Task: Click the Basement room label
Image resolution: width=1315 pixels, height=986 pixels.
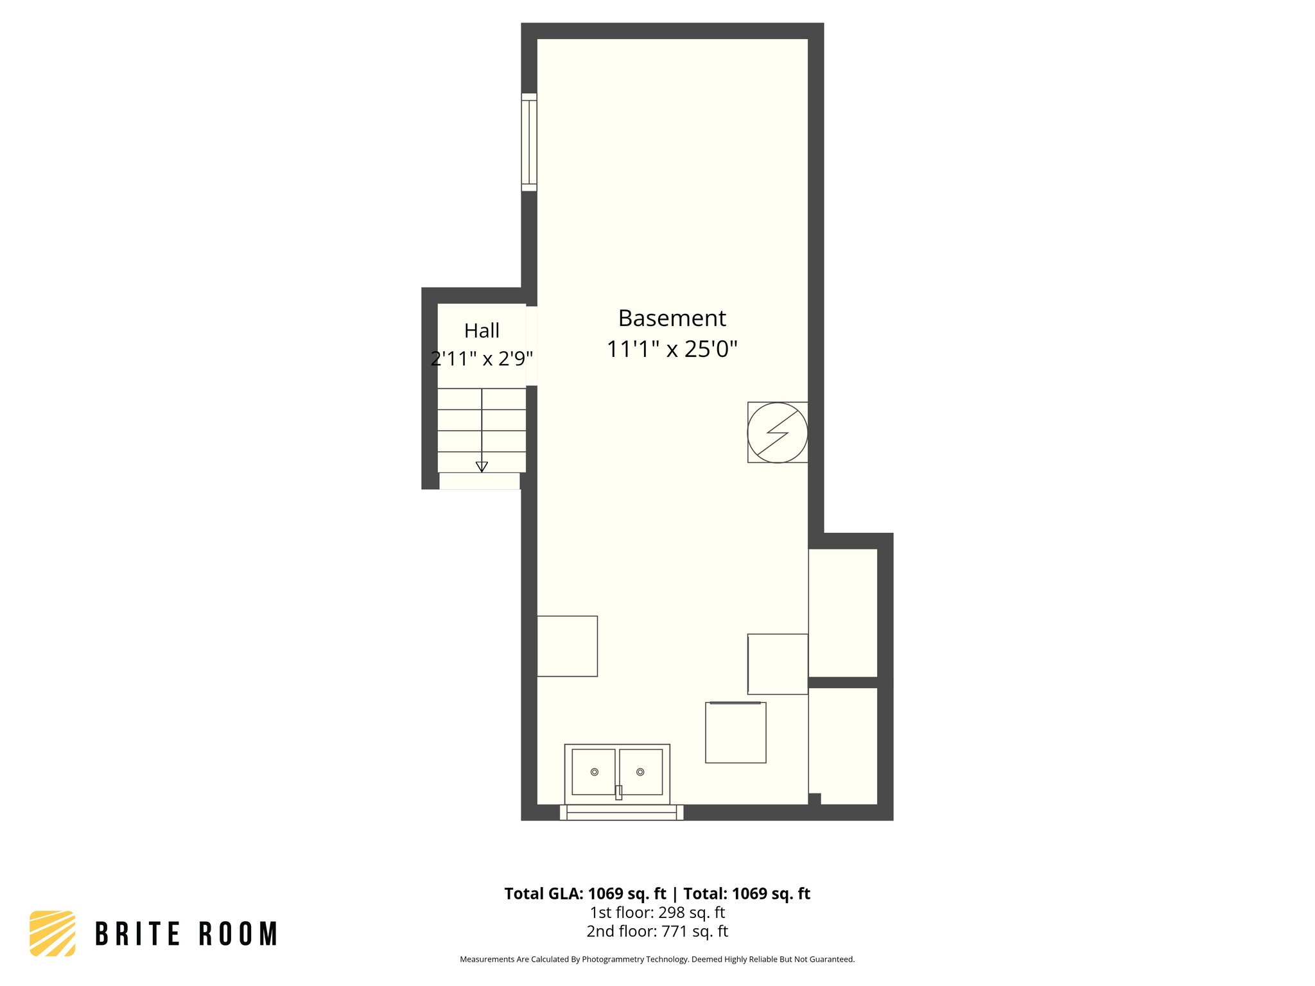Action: (672, 318)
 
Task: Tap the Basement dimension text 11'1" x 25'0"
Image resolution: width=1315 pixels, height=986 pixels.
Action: (672, 349)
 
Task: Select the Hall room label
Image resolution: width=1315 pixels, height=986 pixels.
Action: (482, 331)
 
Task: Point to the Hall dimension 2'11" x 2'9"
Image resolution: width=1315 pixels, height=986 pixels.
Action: (482, 358)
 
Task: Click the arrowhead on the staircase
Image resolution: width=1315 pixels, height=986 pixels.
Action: (482, 467)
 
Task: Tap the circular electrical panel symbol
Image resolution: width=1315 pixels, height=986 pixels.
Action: (777, 432)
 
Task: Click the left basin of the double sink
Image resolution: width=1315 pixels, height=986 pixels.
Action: (593, 772)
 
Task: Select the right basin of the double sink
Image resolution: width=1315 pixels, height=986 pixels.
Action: (640, 772)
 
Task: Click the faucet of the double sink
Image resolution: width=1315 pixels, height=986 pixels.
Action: (618, 792)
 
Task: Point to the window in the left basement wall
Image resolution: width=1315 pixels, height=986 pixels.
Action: (528, 142)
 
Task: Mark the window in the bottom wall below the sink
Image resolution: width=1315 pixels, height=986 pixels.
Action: (621, 813)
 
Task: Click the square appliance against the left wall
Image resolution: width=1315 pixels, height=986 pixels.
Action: (567, 646)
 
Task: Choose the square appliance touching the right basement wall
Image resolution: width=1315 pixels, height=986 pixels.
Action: (778, 664)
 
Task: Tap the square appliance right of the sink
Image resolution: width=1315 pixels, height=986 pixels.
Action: (735, 732)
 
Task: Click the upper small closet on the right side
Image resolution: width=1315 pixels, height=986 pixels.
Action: (842, 612)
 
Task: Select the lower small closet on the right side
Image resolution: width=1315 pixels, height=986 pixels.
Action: (842, 745)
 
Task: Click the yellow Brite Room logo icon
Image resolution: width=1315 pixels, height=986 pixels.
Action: (53, 933)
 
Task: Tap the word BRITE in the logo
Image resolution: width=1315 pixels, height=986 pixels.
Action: (137, 934)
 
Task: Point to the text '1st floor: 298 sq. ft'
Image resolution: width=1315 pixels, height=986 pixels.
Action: (657, 912)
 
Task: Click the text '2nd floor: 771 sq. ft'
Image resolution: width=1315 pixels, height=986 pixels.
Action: (657, 931)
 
